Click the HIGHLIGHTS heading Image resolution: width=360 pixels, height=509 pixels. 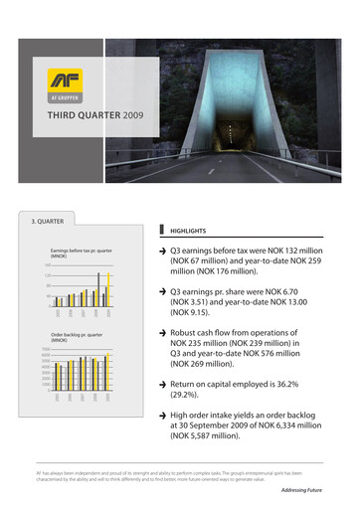click(x=190, y=227)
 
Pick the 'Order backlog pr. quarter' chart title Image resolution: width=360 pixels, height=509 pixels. click(x=76, y=337)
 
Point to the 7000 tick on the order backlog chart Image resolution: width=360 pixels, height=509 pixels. click(x=45, y=349)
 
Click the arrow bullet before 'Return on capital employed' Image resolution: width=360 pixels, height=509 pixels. click(x=163, y=383)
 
